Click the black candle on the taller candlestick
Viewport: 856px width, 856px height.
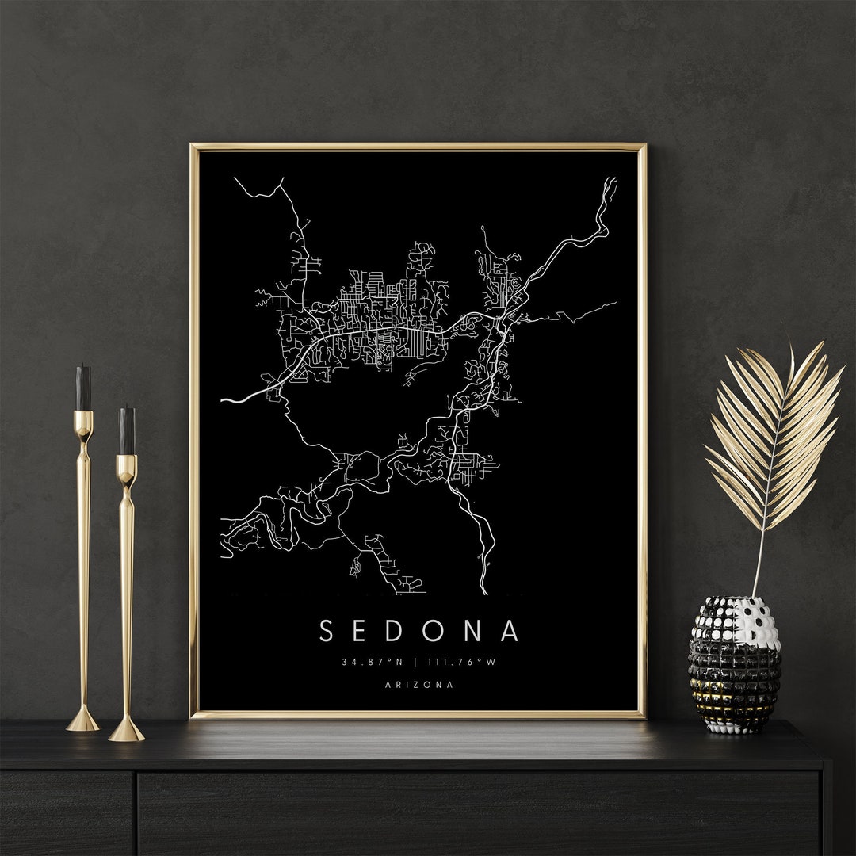tap(83, 388)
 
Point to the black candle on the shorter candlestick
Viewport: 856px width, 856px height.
tap(127, 431)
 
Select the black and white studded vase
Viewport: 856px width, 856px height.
tap(735, 664)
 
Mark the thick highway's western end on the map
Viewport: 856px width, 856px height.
tap(223, 401)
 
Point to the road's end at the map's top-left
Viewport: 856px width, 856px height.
tap(235, 178)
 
